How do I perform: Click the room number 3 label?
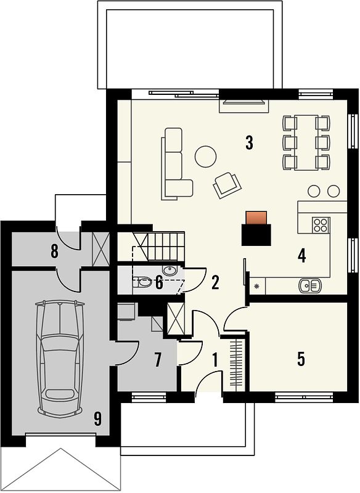click(x=249, y=144)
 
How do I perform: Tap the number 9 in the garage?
click(x=98, y=419)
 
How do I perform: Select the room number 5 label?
click(x=301, y=359)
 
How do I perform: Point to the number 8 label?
click(x=54, y=251)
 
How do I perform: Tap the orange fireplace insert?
click(x=256, y=218)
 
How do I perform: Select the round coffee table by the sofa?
click(x=206, y=157)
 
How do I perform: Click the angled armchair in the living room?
click(x=227, y=185)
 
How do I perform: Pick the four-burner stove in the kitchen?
click(x=321, y=225)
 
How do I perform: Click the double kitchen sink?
click(x=309, y=286)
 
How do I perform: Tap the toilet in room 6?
click(x=142, y=282)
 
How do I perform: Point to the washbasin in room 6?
click(x=170, y=270)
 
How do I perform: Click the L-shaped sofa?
click(x=176, y=163)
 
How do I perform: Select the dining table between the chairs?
click(x=306, y=142)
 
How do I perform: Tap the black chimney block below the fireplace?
click(x=256, y=235)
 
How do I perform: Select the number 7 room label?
click(x=158, y=360)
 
